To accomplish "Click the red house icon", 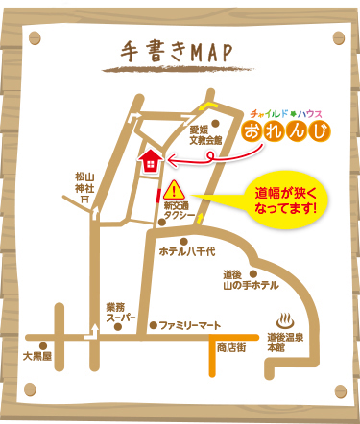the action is point(149,159).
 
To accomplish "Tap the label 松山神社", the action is point(85,182).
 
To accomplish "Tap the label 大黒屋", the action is point(37,354).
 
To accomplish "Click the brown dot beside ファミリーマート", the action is point(153,325).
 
